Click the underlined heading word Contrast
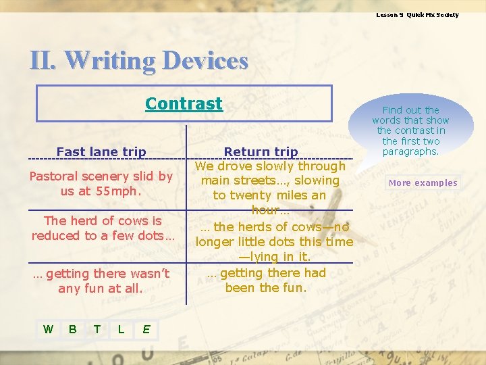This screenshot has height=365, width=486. (x=184, y=103)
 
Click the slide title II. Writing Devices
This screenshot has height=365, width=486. (x=139, y=61)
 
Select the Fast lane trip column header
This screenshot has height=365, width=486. (x=101, y=152)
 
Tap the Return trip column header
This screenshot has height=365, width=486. (x=261, y=152)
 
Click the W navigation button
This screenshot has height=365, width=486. (x=48, y=329)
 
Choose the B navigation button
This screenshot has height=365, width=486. (x=72, y=329)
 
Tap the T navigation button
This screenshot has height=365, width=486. (x=97, y=329)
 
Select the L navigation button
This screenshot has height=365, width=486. (x=121, y=329)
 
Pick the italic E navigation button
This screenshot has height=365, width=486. (x=146, y=329)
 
